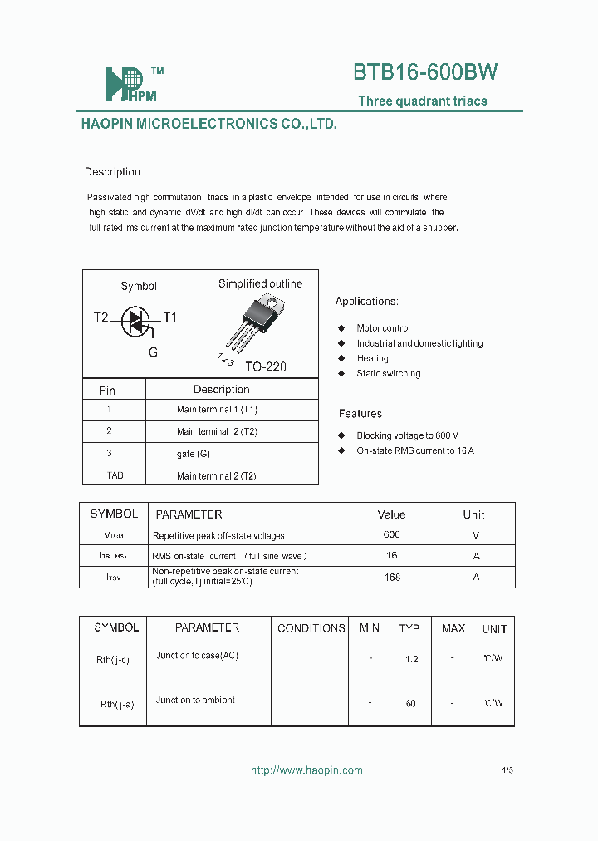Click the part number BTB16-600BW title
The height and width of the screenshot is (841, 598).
coord(425,72)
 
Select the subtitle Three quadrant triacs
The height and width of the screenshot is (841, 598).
coord(422,101)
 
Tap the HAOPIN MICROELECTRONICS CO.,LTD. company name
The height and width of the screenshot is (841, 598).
coord(208,124)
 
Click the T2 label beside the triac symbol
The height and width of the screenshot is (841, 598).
coord(100,317)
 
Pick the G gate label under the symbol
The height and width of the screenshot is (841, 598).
coord(153,352)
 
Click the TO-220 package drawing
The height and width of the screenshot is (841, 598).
coord(259,320)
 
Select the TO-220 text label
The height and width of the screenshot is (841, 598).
coord(266,366)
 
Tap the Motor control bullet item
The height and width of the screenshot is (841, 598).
coord(383,328)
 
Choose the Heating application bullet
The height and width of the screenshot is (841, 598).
coord(372,358)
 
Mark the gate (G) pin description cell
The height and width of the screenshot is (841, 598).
coord(193,454)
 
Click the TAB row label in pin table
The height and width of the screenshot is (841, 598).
coord(115,475)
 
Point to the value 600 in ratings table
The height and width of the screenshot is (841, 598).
coord(391,534)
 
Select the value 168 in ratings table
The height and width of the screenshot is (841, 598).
coord(392,577)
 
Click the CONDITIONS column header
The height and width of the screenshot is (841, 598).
coord(311,628)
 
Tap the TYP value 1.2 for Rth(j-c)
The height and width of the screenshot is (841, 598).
coord(411,659)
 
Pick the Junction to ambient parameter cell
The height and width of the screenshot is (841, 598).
coord(195,701)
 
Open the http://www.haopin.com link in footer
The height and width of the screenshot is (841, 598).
coord(306,770)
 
